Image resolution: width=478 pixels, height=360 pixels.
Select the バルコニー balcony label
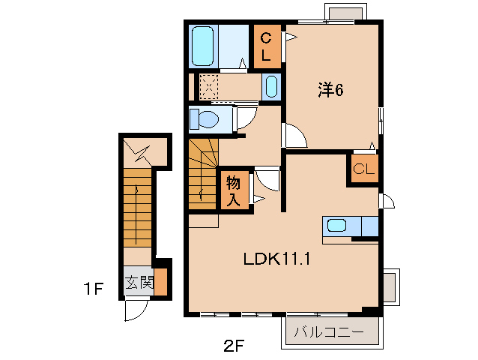click(329, 331)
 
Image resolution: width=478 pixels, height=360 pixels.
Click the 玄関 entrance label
click(139, 283)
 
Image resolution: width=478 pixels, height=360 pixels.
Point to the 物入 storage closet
click(233, 190)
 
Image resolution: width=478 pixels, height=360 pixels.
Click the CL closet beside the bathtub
click(267, 46)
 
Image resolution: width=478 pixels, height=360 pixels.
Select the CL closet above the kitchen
click(363, 169)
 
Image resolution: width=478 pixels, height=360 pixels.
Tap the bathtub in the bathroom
click(203, 46)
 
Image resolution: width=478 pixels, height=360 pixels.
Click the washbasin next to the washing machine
click(270, 87)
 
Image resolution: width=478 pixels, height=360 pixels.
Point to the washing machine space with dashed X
click(208, 87)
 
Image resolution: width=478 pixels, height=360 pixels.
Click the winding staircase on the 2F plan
click(202, 172)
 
